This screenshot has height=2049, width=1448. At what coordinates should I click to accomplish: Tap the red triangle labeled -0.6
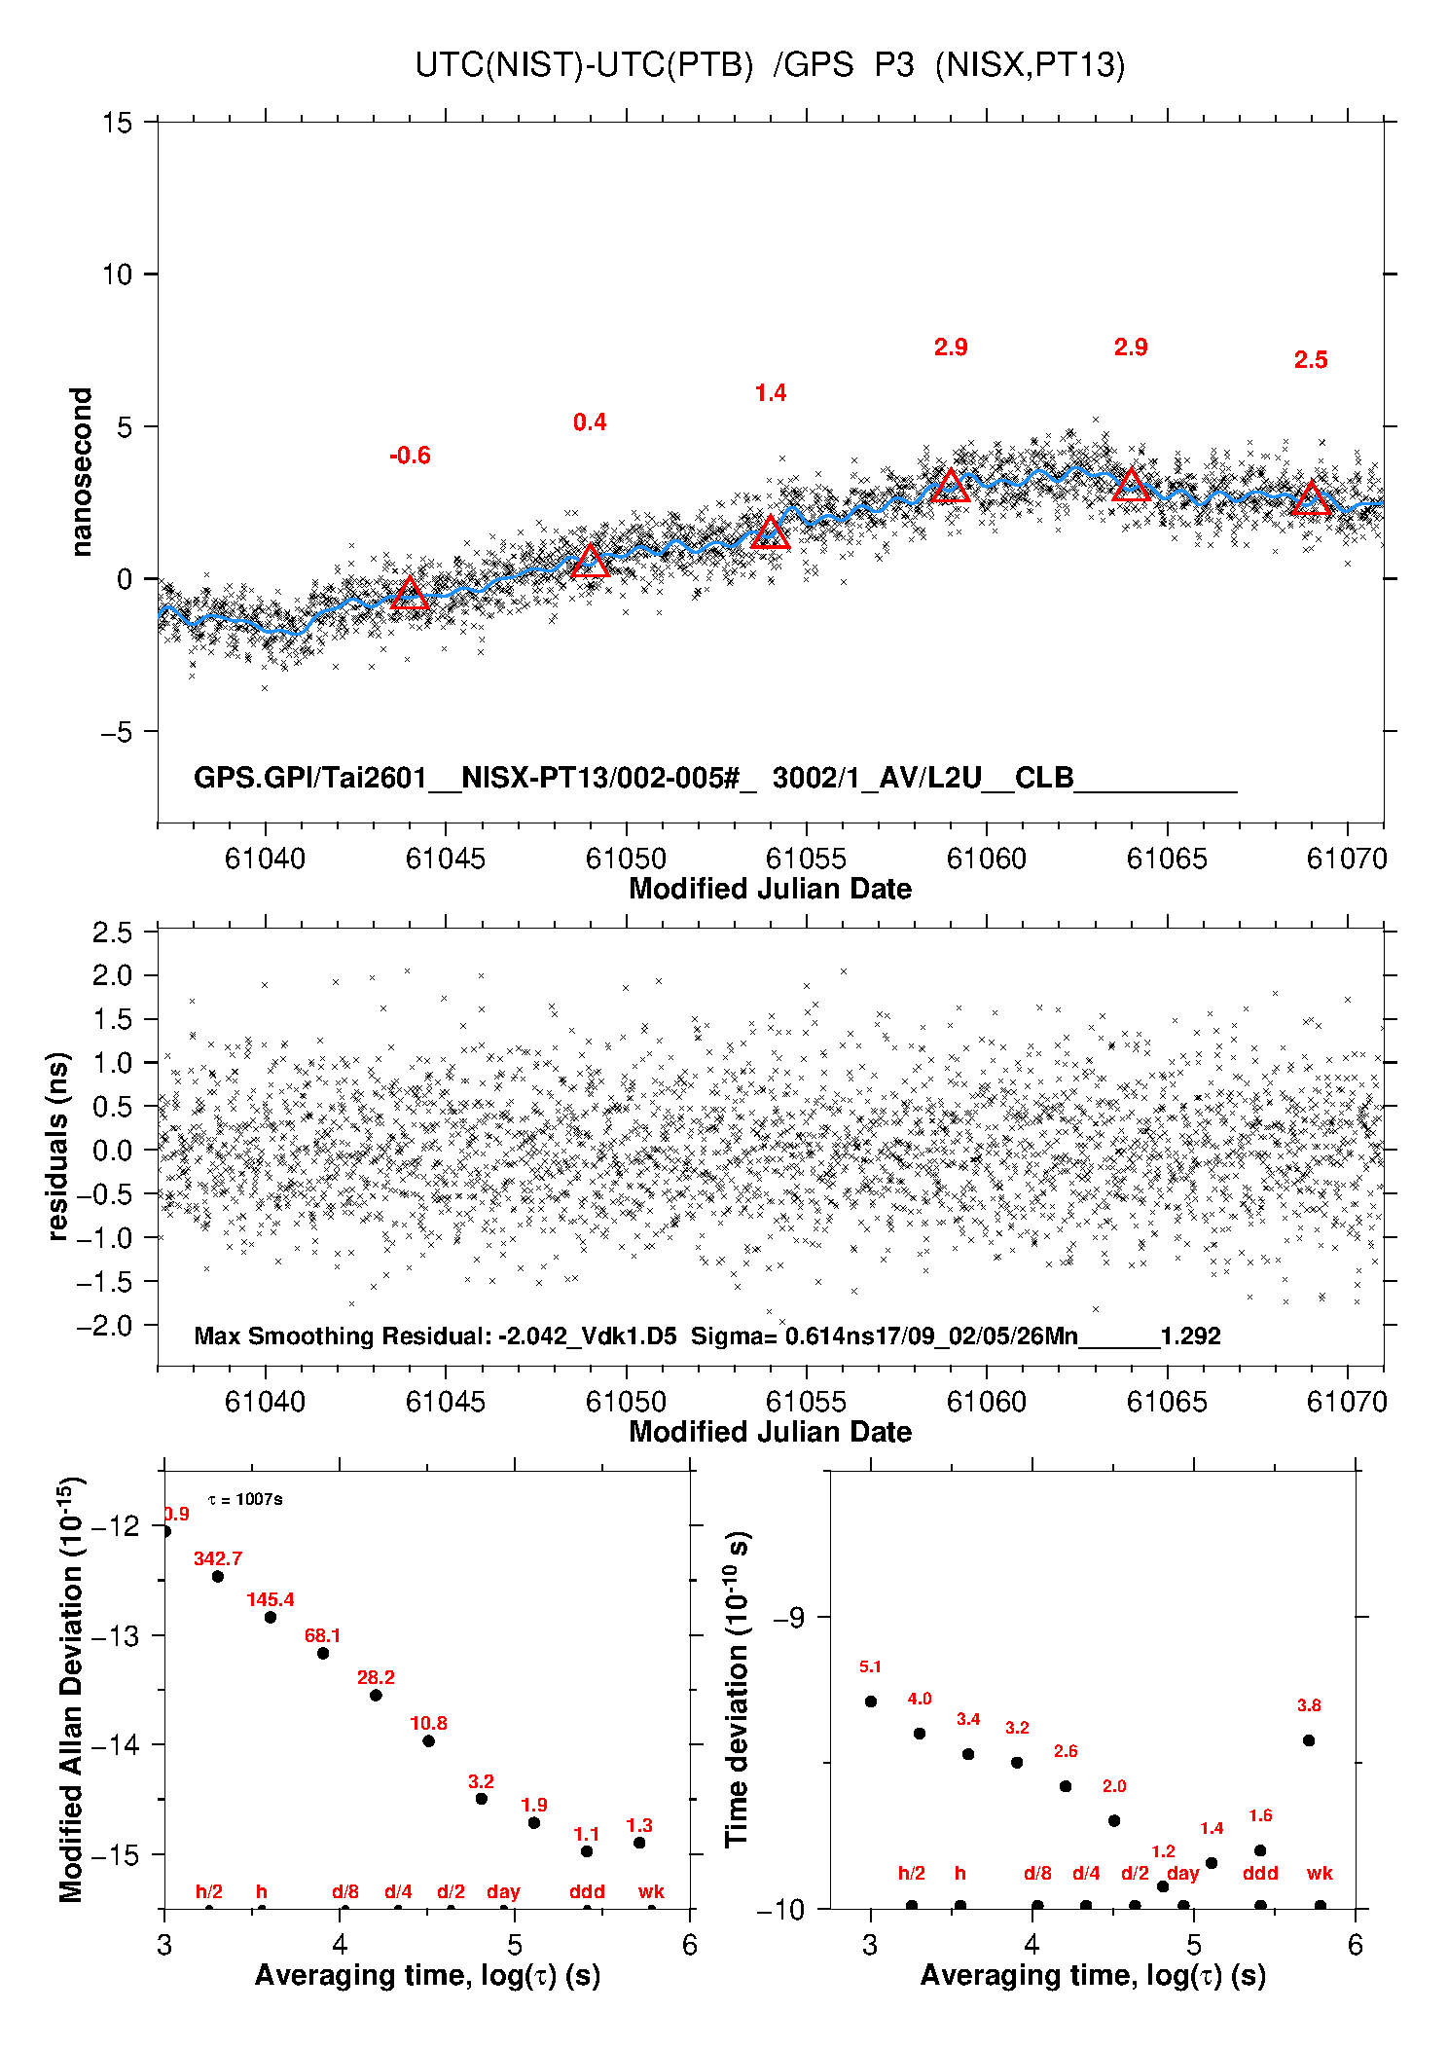tap(410, 594)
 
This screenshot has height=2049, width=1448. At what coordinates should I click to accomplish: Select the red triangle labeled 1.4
tap(771, 532)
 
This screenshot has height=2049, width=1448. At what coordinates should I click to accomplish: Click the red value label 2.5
tap(1311, 360)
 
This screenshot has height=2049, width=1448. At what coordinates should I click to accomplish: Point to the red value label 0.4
tap(590, 422)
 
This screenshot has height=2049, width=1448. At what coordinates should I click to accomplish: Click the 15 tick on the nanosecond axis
tap(117, 123)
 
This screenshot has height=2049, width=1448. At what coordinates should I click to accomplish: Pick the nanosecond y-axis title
tap(81, 472)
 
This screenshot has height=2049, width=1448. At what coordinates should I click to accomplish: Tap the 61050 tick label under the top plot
tap(626, 859)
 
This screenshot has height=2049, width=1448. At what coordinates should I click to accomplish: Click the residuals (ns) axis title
tap(58, 1146)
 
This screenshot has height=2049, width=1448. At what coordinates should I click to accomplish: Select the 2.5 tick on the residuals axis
tap(112, 933)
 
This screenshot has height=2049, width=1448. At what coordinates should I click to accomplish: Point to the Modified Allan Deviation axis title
tap(70, 1689)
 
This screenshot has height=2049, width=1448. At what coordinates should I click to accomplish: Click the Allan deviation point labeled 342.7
tap(218, 1576)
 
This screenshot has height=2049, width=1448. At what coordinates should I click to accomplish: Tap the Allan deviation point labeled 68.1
tap(323, 1653)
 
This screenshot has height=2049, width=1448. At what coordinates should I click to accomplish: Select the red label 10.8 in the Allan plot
tap(428, 1723)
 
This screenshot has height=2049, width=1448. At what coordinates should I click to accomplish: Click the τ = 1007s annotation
tap(245, 1499)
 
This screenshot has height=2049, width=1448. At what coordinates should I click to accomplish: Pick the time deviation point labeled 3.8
tap(1309, 1740)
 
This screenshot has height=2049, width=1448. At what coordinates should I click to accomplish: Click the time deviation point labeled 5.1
tap(871, 1701)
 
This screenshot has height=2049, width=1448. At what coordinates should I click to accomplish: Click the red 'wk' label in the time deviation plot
tap(1320, 1873)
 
